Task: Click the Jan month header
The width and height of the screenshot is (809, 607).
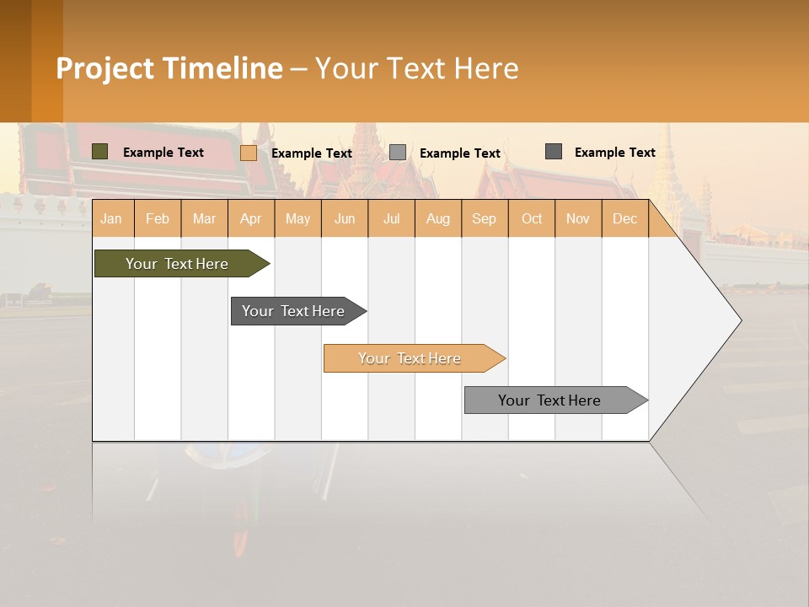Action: pyautogui.click(x=111, y=218)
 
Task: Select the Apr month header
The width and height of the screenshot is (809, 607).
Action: pyautogui.click(x=250, y=218)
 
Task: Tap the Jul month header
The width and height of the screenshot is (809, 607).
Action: pyautogui.click(x=391, y=218)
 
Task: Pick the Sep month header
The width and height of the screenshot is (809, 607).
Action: pyautogui.click(x=484, y=218)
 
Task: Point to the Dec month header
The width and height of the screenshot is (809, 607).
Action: pyautogui.click(x=624, y=218)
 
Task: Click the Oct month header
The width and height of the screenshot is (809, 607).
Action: pyautogui.click(x=532, y=218)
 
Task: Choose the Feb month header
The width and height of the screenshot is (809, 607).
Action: pyautogui.click(x=158, y=218)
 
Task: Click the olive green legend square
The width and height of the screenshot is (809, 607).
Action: pyautogui.click(x=100, y=152)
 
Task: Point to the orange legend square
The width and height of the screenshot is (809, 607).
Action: pyautogui.click(x=249, y=153)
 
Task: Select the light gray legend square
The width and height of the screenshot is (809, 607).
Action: pyautogui.click(x=398, y=153)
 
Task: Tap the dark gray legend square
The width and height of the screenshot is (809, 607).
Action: pyautogui.click(x=554, y=152)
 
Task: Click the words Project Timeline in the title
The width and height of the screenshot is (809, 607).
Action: pyautogui.click(x=169, y=68)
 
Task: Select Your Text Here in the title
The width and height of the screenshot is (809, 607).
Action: pyautogui.click(x=417, y=68)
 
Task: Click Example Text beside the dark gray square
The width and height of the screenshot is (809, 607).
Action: pyautogui.click(x=614, y=153)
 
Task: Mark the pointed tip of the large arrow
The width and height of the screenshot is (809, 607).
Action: pyautogui.click(x=740, y=320)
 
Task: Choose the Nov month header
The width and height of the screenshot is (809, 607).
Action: pyautogui.click(x=578, y=218)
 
